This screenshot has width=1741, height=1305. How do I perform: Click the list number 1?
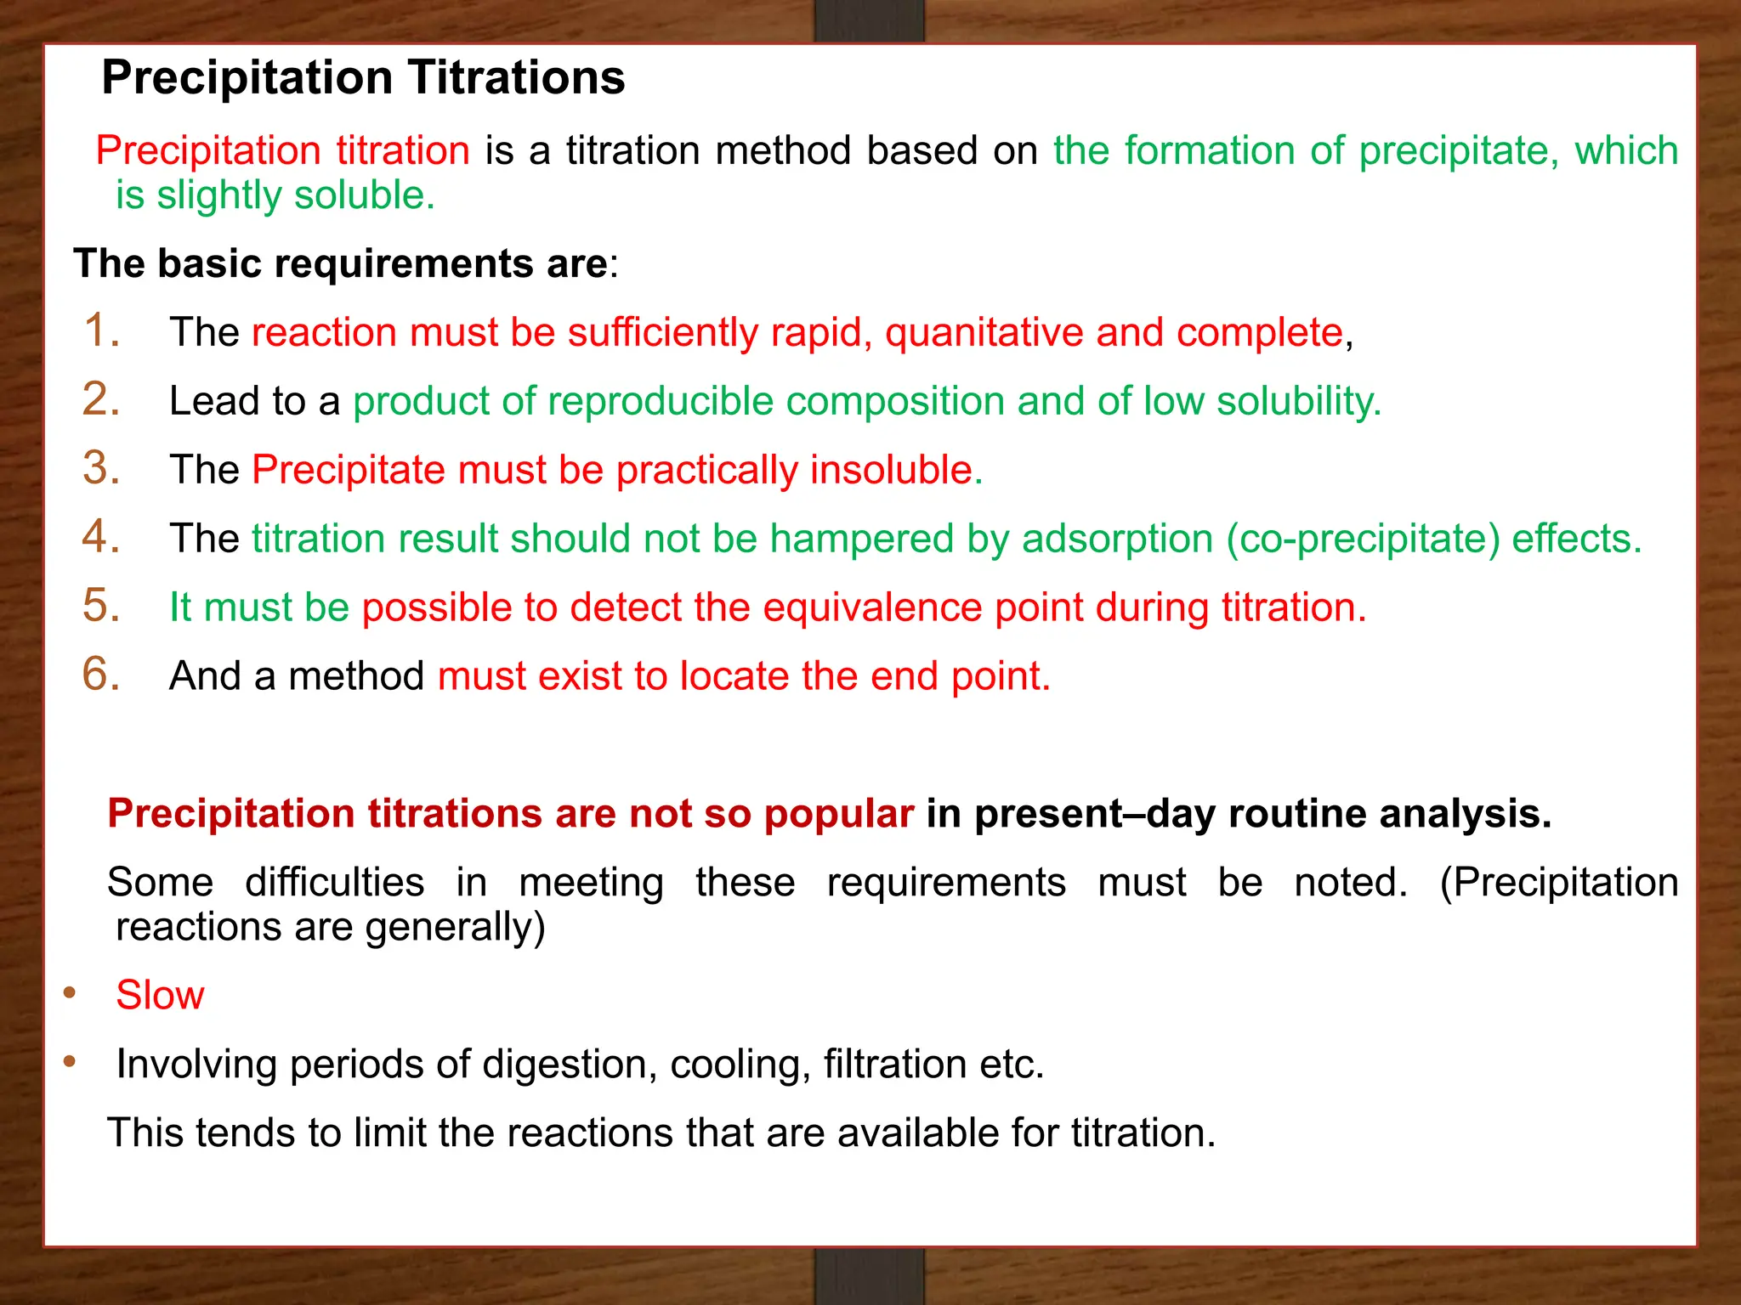point(100,330)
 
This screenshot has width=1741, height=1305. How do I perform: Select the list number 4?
point(100,536)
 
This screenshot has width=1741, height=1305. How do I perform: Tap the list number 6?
point(100,674)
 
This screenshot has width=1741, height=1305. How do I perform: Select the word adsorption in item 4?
point(1117,539)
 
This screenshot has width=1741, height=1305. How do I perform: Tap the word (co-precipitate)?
point(1363,539)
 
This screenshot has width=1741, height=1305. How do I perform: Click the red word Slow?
point(160,995)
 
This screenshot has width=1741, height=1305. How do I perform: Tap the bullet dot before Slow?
point(70,992)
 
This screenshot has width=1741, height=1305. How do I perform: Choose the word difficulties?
point(335,882)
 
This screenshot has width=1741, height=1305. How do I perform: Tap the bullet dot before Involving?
point(70,1061)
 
